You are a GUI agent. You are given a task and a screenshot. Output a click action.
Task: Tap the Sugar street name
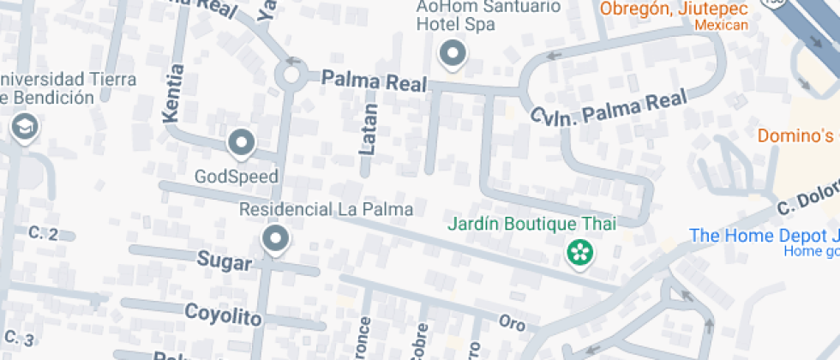point(225,261)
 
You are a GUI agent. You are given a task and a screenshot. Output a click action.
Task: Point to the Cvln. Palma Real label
point(609,108)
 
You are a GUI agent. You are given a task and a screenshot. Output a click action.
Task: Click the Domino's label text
point(795,135)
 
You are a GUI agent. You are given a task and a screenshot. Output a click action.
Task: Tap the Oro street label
point(512,323)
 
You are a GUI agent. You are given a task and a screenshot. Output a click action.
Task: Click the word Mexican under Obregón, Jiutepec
point(721,25)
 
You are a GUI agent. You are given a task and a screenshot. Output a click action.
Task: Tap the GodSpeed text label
point(237,177)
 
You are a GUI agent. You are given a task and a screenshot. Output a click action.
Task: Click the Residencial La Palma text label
point(326,208)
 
